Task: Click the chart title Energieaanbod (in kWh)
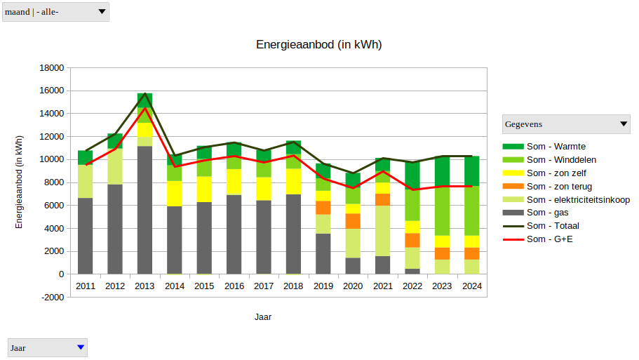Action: [318, 45]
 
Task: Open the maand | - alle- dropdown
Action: [55, 12]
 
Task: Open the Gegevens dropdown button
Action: [567, 124]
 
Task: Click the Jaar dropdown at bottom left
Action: [47, 347]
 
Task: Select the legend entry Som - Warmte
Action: [556, 146]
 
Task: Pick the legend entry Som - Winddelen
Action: [561, 159]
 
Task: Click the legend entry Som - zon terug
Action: [559, 186]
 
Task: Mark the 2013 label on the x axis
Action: [144, 286]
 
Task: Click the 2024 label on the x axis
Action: [471, 286]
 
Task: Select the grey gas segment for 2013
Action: [144, 211]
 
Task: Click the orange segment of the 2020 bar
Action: [353, 221]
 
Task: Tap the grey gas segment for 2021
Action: [382, 265]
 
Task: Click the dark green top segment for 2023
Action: [442, 171]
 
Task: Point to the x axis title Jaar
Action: [263, 317]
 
